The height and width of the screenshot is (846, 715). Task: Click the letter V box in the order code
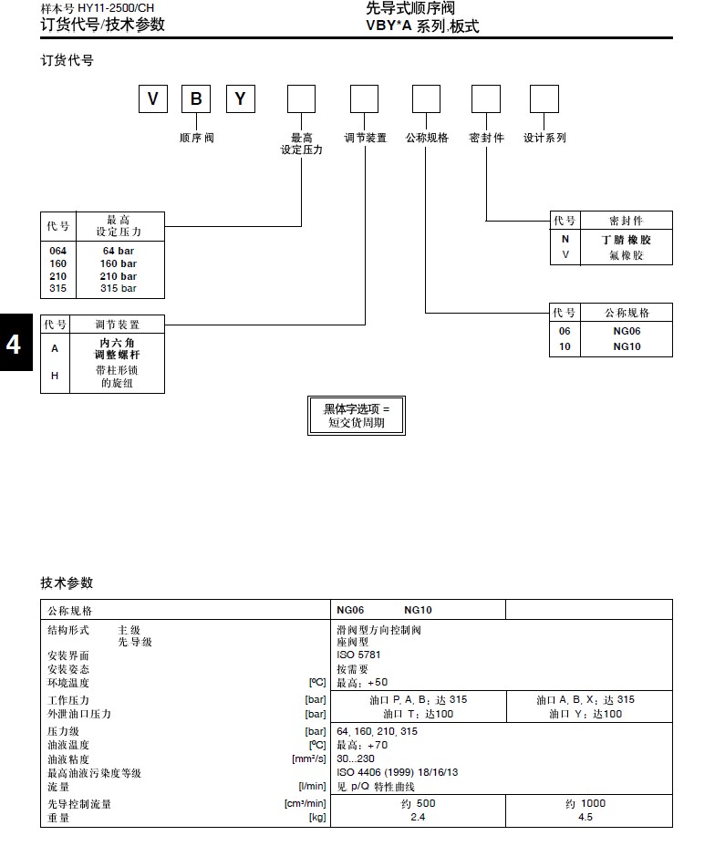pos(152,98)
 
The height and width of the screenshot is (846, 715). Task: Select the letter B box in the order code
pos(196,98)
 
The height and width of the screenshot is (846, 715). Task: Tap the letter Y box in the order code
pos(240,98)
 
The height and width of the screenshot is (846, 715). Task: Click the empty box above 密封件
pos(485,98)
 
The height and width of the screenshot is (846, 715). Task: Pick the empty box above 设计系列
pos(544,98)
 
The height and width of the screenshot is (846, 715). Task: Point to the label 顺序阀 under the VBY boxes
pos(196,138)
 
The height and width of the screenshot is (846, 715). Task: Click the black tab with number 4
pos(15,346)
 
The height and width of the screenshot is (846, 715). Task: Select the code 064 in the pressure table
pos(57,251)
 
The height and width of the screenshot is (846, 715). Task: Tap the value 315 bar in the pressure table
pos(119,288)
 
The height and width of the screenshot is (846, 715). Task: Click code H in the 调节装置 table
pos(55,376)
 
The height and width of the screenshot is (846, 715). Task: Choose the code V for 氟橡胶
pos(565,255)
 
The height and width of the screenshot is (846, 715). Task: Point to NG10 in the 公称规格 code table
pos(627,346)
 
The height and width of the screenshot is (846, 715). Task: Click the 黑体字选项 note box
pos(356,416)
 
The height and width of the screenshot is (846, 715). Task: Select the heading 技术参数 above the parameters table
pos(67,583)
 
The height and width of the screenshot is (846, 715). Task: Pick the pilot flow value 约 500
pos(419,803)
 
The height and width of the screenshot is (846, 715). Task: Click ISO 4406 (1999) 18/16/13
pos(397,772)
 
